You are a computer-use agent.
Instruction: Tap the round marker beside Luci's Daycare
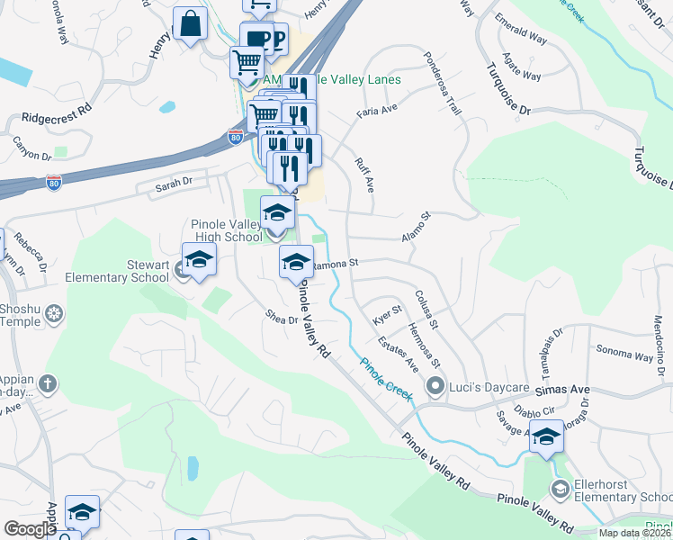pos(436,387)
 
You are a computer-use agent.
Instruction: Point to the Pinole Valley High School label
pos(227,230)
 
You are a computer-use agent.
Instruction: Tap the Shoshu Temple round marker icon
pos(54,314)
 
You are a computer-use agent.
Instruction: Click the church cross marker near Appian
pos(48,384)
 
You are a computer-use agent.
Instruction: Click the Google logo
pos(30,529)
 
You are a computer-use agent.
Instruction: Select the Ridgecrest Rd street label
pos(58,116)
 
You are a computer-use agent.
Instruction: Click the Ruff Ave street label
pos(363,174)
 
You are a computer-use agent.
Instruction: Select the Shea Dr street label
pos(282,318)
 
